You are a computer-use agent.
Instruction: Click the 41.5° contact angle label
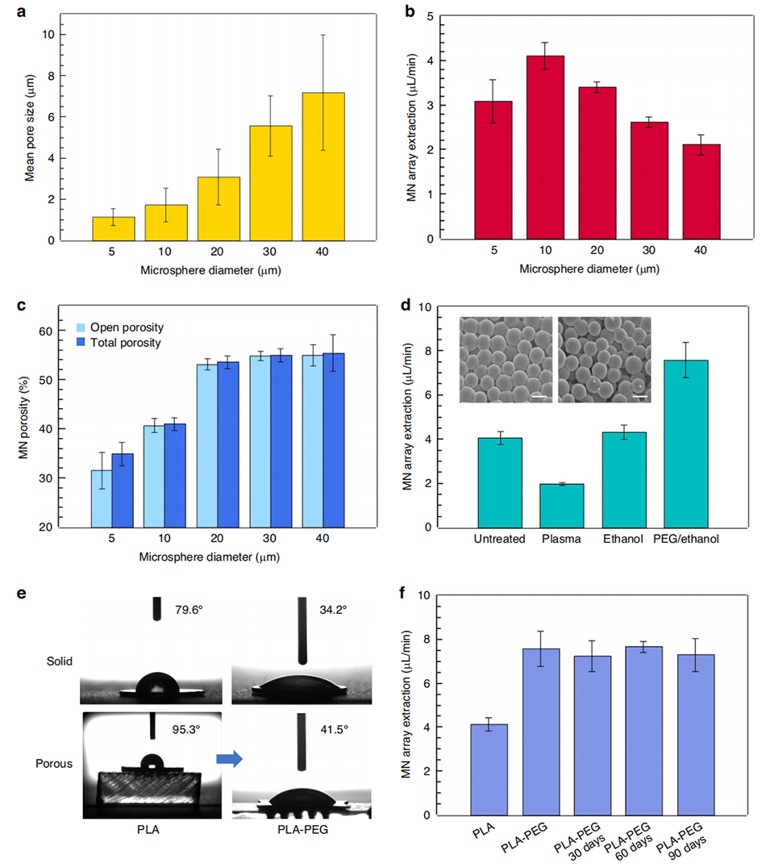click(x=335, y=728)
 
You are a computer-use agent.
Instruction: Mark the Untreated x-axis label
click(x=499, y=540)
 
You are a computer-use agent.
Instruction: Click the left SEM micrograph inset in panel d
click(x=506, y=360)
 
